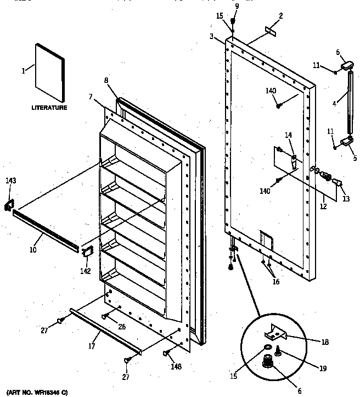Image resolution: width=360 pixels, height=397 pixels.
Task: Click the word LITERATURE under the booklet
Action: click(49, 108)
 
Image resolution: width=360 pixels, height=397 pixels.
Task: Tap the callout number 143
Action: click(11, 181)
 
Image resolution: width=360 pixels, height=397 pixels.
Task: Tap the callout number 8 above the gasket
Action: click(105, 80)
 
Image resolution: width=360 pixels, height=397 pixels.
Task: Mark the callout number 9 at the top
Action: click(237, 5)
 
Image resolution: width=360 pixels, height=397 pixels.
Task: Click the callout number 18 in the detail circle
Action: click(325, 342)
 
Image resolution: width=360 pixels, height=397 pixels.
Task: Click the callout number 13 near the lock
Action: click(346, 199)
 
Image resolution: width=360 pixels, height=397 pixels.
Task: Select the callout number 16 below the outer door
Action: click(275, 282)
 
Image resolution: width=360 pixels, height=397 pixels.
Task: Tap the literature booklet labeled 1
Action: click(50, 71)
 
